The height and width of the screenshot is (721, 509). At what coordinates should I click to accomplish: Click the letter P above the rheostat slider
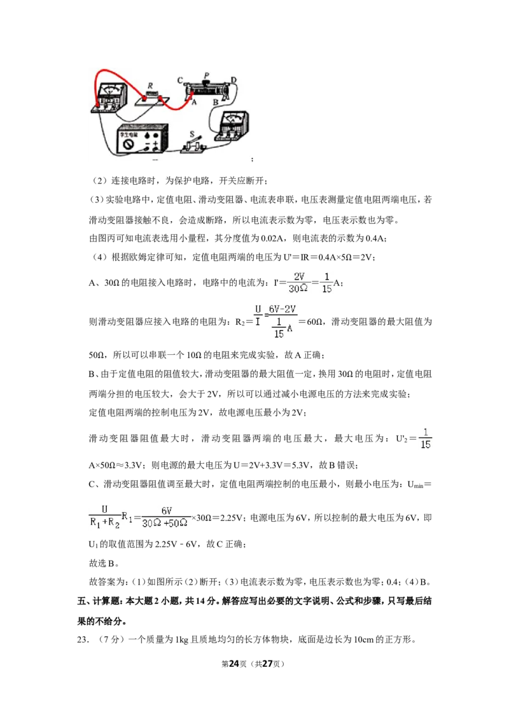click(207, 75)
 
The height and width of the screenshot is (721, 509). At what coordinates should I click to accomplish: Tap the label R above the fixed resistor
click(150, 85)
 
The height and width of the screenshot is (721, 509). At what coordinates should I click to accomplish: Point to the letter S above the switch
click(193, 134)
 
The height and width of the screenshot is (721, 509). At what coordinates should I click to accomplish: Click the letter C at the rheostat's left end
click(180, 80)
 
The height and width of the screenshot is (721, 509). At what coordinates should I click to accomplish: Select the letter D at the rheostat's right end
click(234, 80)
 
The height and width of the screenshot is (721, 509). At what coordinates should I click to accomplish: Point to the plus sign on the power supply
click(156, 144)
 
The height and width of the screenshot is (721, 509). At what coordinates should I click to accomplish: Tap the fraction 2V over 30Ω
click(298, 282)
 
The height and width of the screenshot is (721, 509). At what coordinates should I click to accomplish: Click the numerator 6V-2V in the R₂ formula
click(282, 310)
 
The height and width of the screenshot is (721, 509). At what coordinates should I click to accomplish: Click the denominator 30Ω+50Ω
click(165, 524)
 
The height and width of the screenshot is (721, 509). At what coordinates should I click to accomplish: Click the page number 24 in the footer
click(234, 664)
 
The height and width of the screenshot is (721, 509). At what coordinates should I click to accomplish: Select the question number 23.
click(83, 639)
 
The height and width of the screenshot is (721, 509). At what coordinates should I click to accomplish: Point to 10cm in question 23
click(364, 639)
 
